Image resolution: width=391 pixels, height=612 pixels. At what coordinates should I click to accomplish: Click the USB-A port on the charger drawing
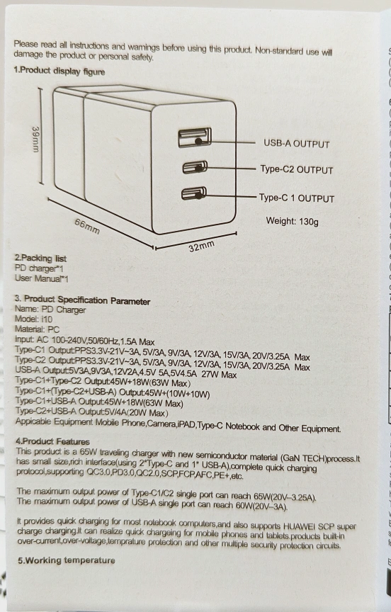(x=195, y=137)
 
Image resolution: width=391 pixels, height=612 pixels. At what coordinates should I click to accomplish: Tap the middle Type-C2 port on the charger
(x=194, y=167)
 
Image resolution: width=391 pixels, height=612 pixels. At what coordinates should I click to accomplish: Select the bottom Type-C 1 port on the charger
(x=193, y=193)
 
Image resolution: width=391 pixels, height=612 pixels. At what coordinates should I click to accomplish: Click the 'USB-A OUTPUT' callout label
(x=297, y=144)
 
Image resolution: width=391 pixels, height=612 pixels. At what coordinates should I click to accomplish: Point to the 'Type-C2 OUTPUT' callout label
(x=297, y=169)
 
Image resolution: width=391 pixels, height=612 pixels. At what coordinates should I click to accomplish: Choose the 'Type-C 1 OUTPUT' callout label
(x=297, y=198)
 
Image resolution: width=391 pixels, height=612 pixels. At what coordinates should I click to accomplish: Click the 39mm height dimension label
(x=35, y=140)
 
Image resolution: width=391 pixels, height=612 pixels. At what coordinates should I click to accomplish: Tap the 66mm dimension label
(x=87, y=227)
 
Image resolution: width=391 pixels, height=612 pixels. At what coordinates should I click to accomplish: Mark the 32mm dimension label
(x=202, y=246)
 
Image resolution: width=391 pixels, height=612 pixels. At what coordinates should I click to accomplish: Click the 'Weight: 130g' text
(x=293, y=221)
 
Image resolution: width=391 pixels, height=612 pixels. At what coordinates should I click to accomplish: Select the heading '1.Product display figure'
(x=59, y=71)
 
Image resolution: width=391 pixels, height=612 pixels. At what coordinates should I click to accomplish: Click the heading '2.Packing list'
(x=40, y=258)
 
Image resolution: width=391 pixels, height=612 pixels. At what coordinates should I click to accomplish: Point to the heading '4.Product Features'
(x=52, y=441)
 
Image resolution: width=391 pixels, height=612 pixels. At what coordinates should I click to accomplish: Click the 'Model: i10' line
(x=33, y=319)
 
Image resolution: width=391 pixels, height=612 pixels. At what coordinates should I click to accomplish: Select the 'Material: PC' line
(x=37, y=329)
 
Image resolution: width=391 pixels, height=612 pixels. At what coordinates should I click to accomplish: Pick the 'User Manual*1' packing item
(x=41, y=278)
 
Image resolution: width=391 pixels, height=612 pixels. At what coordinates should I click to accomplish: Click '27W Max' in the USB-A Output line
(x=219, y=375)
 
